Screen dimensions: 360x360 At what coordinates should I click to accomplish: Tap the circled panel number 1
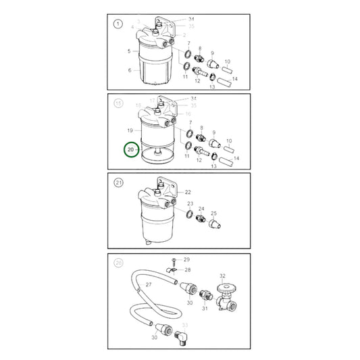(118, 25)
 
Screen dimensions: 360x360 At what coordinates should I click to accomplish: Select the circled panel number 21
(118, 182)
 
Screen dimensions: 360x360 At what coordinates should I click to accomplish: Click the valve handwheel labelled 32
(223, 288)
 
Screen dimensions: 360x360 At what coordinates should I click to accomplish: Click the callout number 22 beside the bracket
(188, 192)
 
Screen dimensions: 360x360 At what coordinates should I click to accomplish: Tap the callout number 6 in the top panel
(129, 70)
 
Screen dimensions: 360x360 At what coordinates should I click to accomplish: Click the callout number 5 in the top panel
(129, 51)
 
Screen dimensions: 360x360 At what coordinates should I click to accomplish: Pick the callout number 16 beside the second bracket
(138, 106)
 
